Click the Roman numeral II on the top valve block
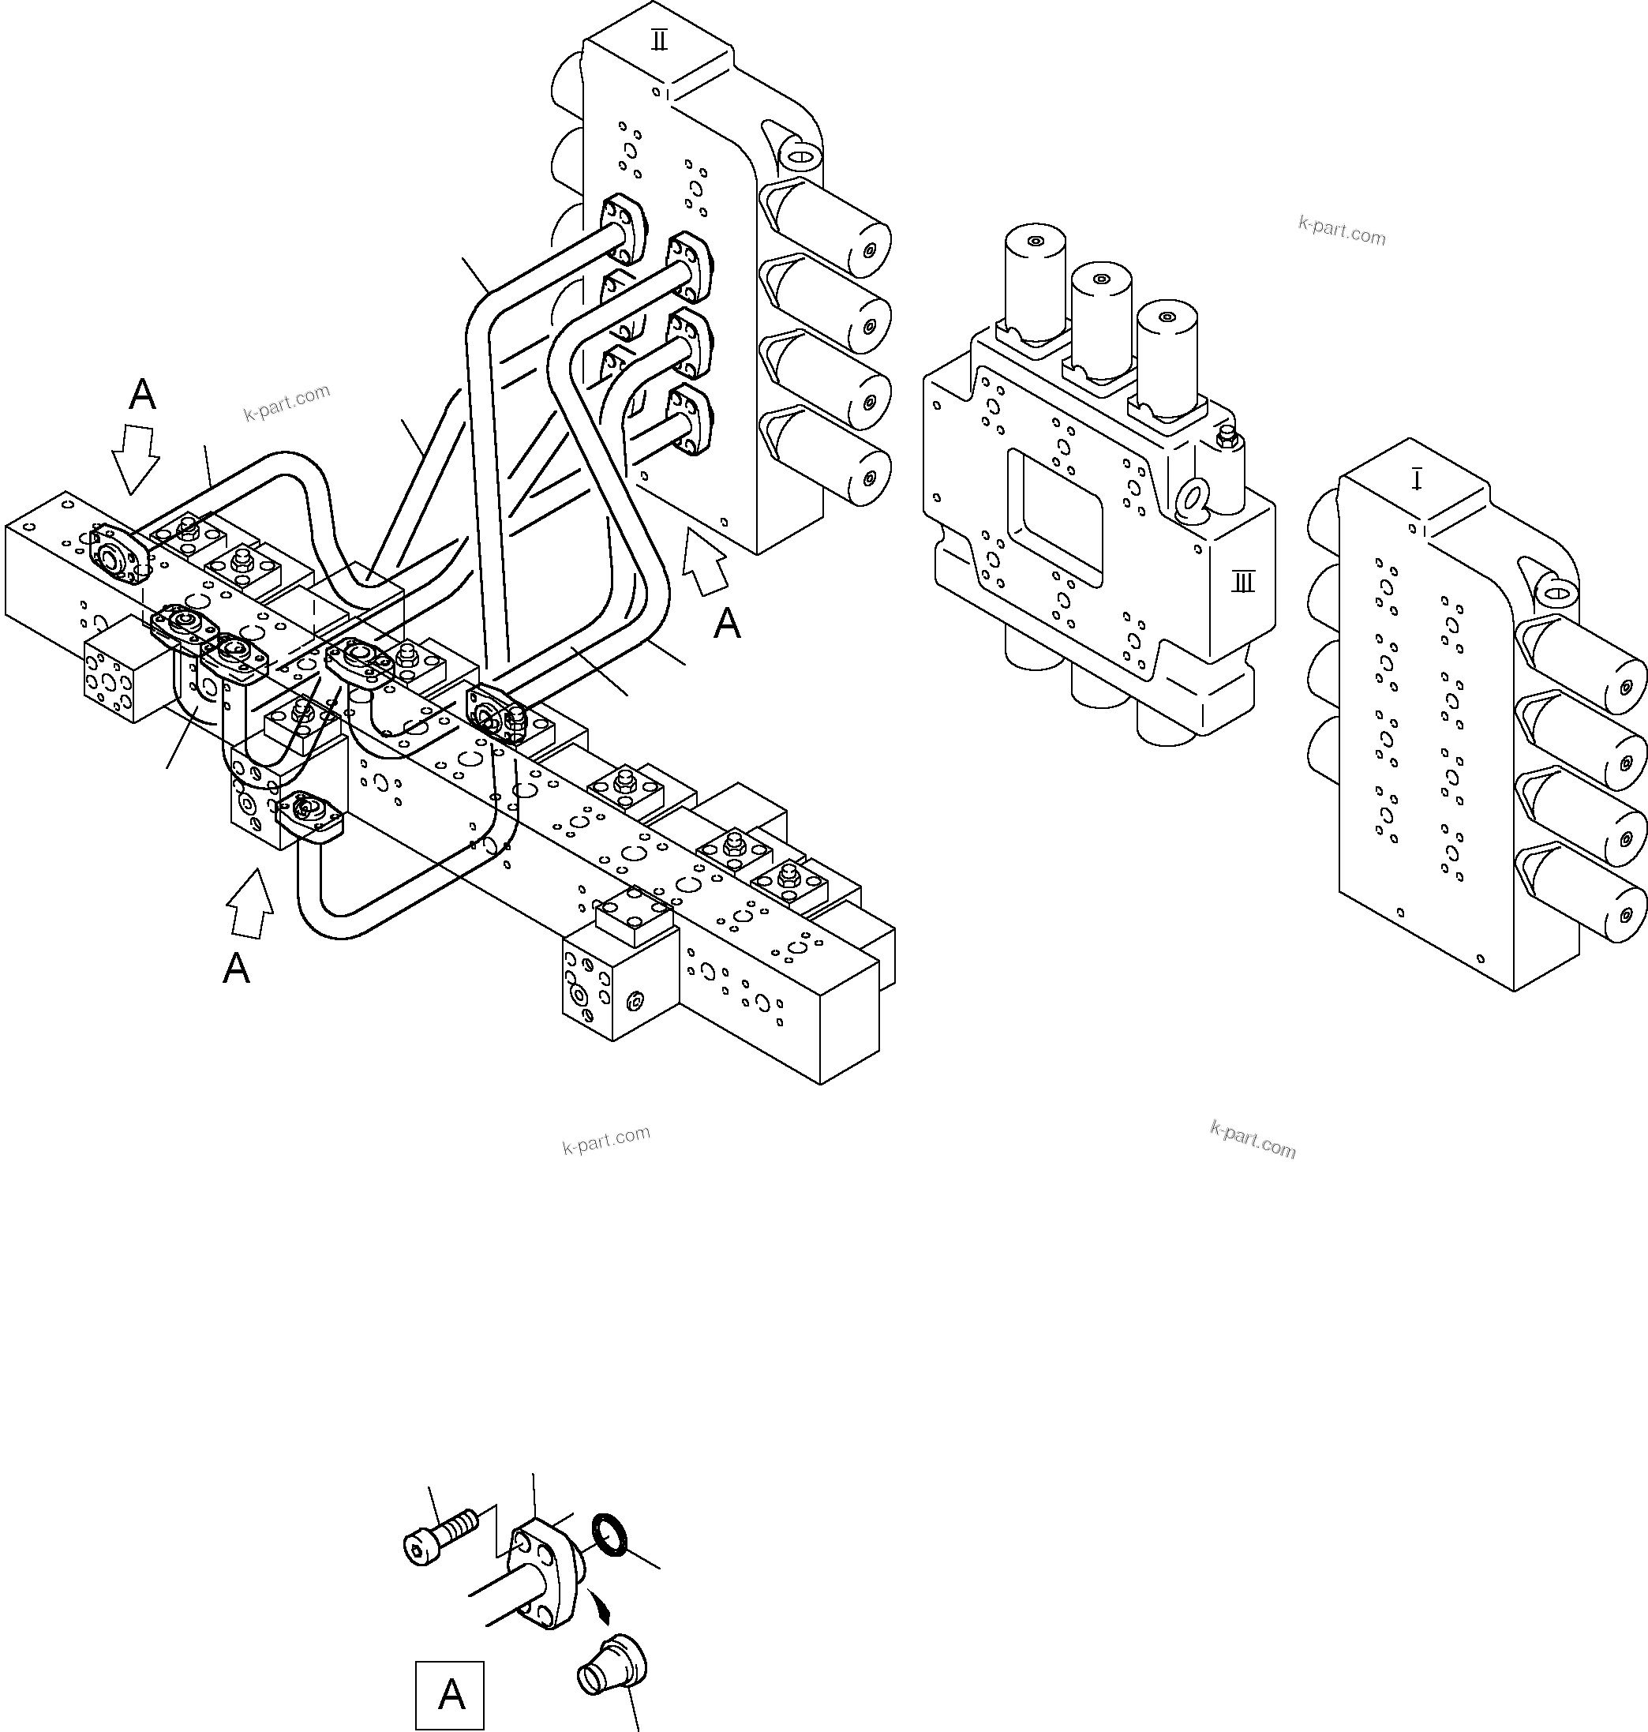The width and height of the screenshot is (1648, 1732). [659, 39]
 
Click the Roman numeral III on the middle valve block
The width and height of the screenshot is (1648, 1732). [1243, 582]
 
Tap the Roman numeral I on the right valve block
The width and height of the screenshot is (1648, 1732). [1416, 480]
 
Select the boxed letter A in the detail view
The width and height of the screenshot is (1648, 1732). [450, 1693]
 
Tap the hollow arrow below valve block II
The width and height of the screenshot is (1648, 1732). [706, 560]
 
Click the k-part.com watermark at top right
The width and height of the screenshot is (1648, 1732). [1342, 231]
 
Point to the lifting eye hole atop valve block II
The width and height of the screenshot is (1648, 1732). [800, 156]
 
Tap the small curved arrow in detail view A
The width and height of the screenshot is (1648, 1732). [600, 1606]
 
